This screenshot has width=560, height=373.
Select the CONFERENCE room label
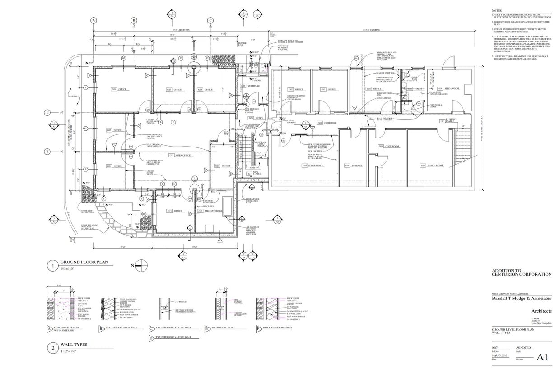[x=315, y=166]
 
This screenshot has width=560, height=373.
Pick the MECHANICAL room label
[x=451, y=88]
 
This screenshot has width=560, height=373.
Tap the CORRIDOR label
[x=330, y=123]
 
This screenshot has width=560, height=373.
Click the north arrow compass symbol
[x=141, y=266]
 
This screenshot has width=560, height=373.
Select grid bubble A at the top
[x=94, y=20]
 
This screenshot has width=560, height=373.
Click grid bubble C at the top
[x=210, y=20]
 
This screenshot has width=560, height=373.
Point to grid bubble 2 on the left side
[x=47, y=152]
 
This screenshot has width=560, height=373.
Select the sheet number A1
[x=542, y=357]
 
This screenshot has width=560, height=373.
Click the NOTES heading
[x=496, y=10]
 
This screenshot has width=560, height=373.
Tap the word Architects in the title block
[x=541, y=311]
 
